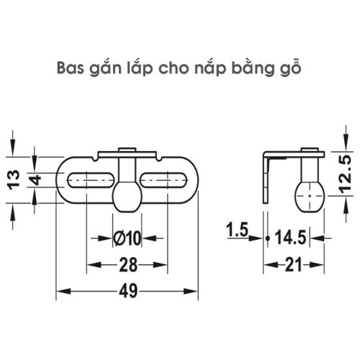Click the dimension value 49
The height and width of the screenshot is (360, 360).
[x=127, y=292]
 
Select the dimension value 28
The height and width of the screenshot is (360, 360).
[x=127, y=266]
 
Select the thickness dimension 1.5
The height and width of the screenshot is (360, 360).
[x=235, y=231]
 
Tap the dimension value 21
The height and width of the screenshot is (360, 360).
[x=292, y=266]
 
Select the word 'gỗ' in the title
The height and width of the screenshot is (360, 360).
[x=282, y=70]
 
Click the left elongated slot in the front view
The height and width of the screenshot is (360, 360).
[x=91, y=179]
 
